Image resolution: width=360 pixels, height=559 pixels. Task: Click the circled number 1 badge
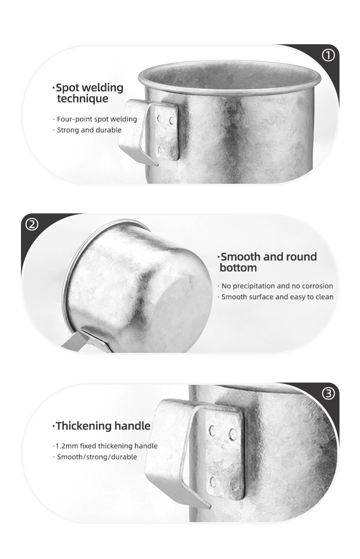pyautogui.click(x=328, y=56)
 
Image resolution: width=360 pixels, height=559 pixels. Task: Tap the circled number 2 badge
pyautogui.click(x=32, y=224)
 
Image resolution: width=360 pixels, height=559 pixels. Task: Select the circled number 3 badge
pyautogui.click(x=328, y=393)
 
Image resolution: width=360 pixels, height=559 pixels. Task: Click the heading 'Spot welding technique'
pyautogui.click(x=88, y=93)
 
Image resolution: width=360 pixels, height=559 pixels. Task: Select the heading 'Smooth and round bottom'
pyautogui.click(x=267, y=262)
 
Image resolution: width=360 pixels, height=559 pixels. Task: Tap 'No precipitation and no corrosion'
pyautogui.click(x=275, y=286)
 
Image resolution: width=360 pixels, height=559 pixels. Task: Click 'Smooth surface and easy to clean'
pyautogui.click(x=276, y=297)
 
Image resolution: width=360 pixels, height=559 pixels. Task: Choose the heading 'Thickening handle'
pyautogui.click(x=102, y=426)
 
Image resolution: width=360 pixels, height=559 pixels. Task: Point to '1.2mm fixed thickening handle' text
pyautogui.click(x=105, y=446)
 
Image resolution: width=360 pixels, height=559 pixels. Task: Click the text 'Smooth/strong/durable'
pyautogui.click(x=95, y=457)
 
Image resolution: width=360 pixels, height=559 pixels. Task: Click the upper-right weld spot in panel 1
pyautogui.click(x=172, y=121)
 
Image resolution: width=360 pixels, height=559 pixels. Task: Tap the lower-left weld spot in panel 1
pyautogui.click(x=159, y=150)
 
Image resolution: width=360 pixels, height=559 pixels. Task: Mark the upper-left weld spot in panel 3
pyautogui.click(x=212, y=430)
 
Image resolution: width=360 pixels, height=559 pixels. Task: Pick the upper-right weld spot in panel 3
pyautogui.click(x=233, y=434)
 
